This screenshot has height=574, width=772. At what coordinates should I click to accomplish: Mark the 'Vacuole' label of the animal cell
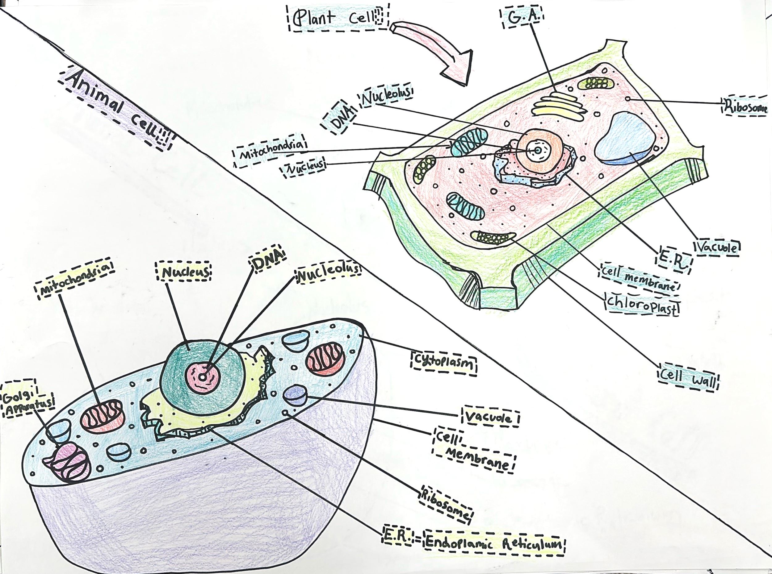[x=490, y=417]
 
